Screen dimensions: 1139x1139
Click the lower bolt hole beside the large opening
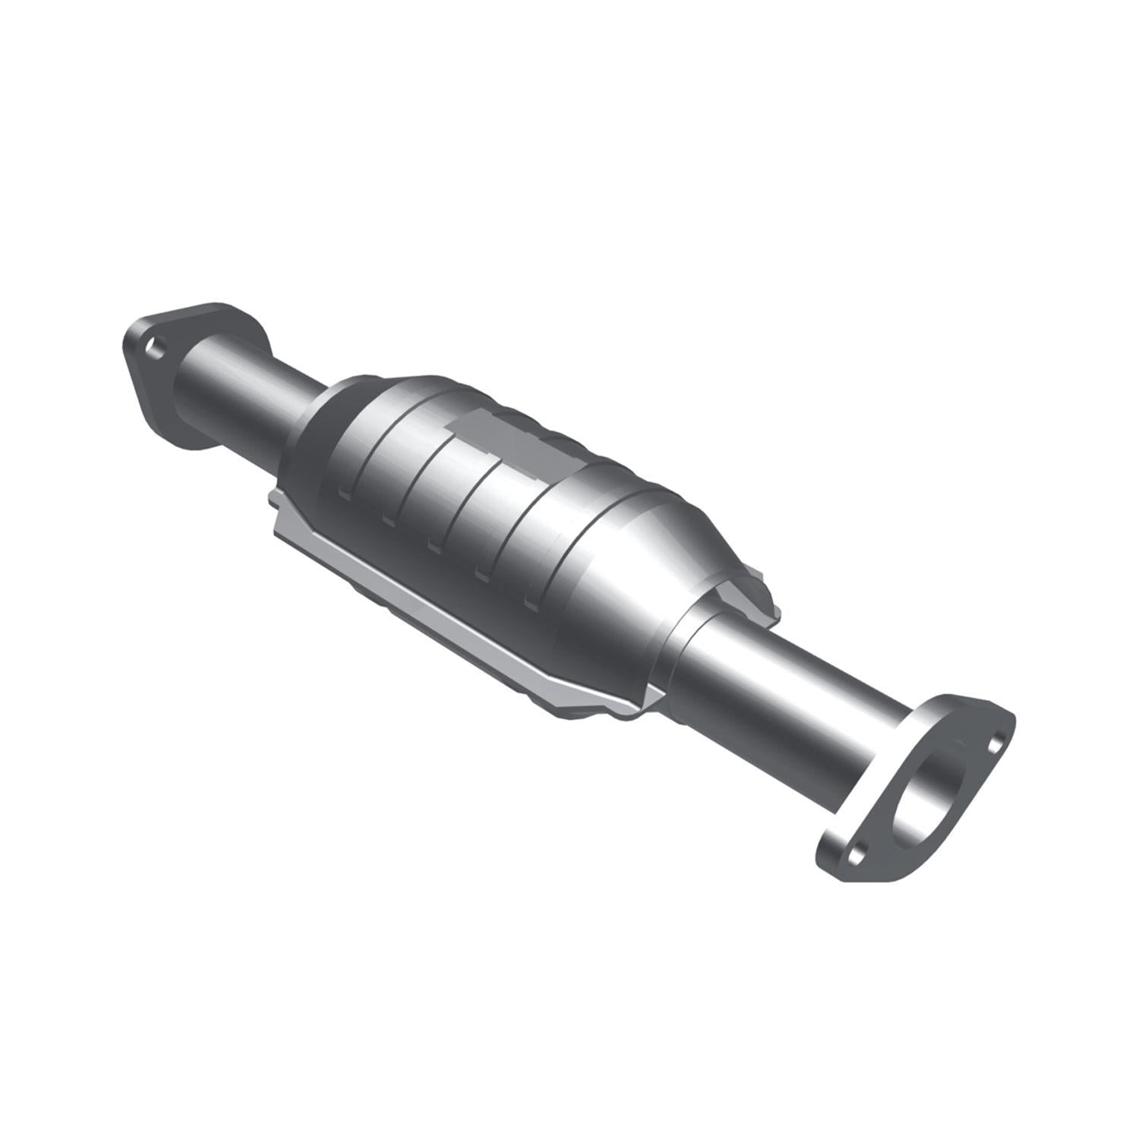pos(857,854)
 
